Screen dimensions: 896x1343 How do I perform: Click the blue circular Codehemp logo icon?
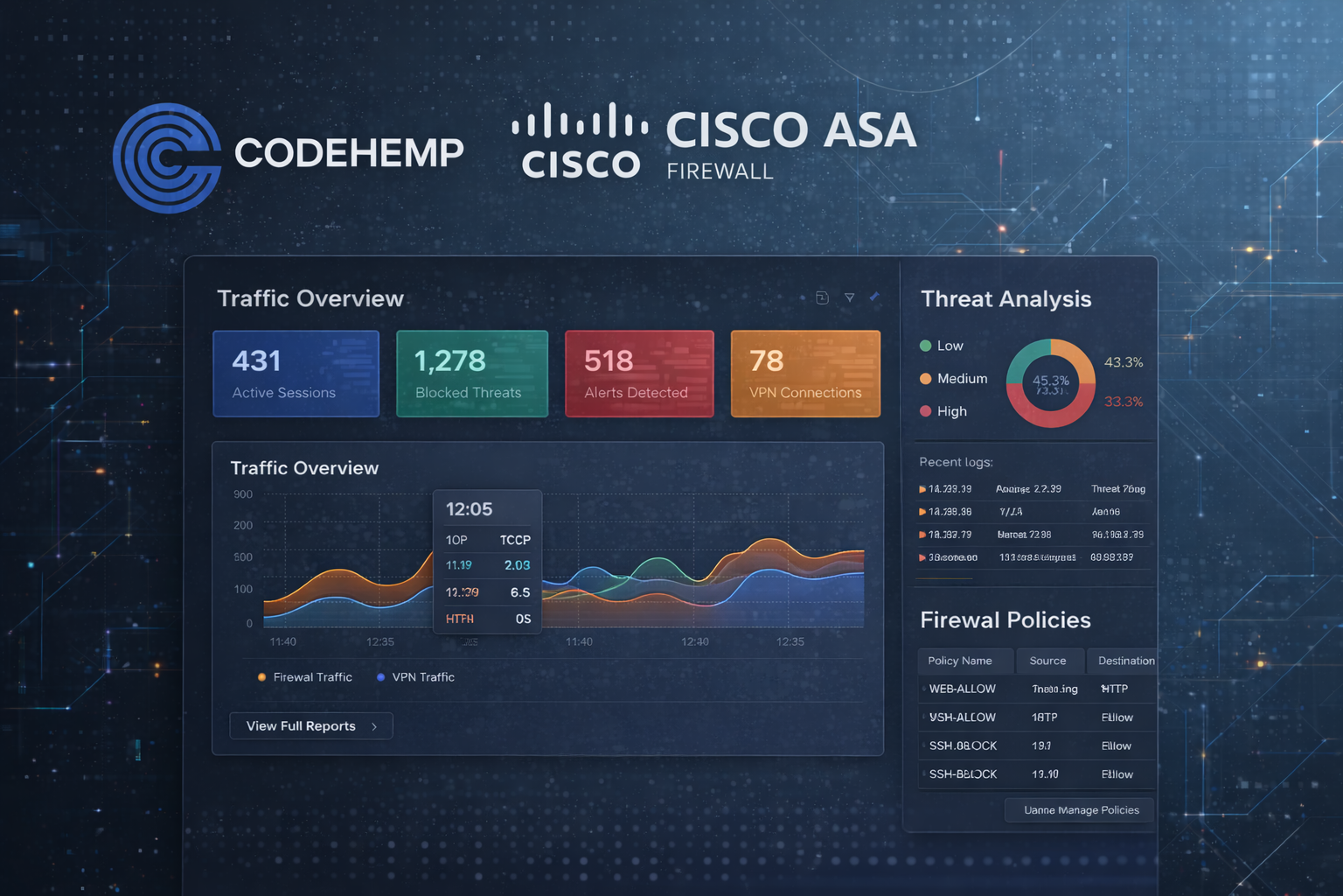click(x=166, y=158)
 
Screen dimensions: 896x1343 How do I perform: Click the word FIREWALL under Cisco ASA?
click(x=720, y=171)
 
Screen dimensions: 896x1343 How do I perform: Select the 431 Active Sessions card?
click(x=296, y=374)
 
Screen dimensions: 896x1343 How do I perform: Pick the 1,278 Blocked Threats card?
click(x=472, y=374)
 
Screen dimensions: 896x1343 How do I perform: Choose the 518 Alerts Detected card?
click(x=639, y=374)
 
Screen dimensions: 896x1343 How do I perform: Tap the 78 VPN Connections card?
click(x=805, y=374)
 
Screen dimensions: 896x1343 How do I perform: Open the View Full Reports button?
click(x=311, y=726)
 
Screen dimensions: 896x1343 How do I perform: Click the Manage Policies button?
click(x=1080, y=810)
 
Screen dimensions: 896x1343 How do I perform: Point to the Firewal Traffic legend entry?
click(x=305, y=677)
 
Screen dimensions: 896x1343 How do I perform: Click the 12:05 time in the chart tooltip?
click(x=470, y=509)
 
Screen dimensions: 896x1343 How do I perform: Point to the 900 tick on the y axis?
click(x=243, y=494)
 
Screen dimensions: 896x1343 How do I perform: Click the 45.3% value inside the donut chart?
click(x=1050, y=381)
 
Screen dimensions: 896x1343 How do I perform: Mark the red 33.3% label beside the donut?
click(x=1124, y=402)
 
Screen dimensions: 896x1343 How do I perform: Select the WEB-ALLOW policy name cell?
click(x=962, y=689)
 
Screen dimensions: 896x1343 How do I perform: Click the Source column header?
click(x=1047, y=661)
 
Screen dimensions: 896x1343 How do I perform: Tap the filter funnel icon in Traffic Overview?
click(x=849, y=297)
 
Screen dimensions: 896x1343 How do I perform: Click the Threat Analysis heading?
click(x=1006, y=299)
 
